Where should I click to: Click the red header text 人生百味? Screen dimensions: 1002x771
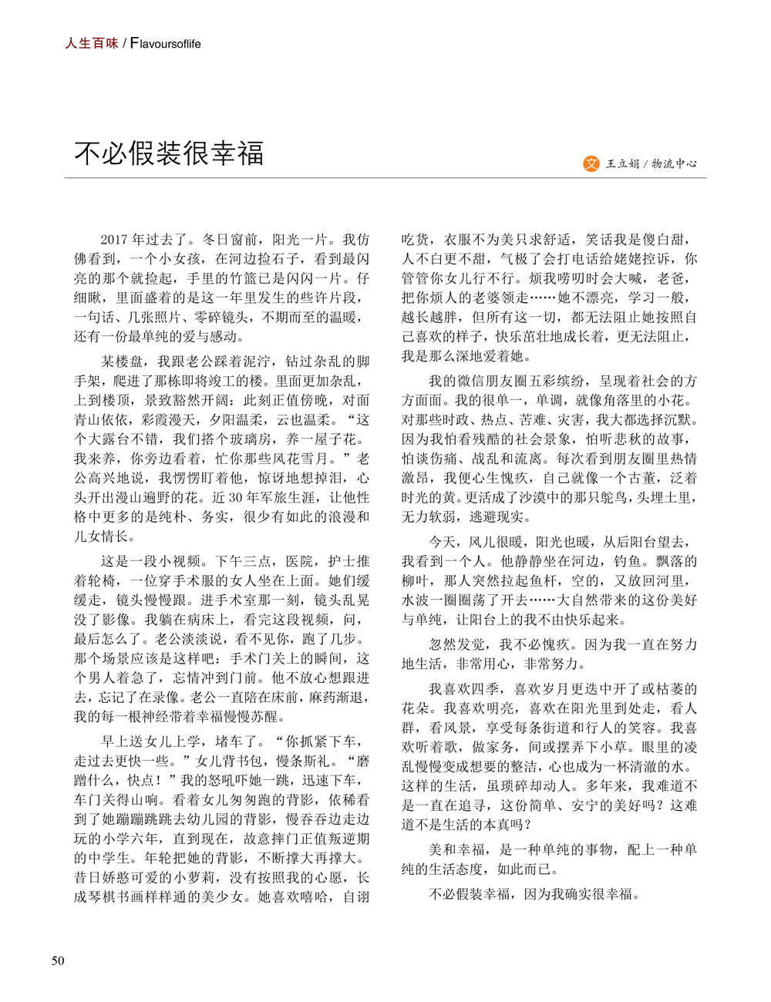point(91,44)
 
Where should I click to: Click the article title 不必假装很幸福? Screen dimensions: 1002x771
point(169,153)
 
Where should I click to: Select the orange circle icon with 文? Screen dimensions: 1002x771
point(591,163)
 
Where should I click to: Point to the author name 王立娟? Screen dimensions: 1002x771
point(623,163)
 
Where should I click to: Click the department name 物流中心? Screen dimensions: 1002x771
point(675,163)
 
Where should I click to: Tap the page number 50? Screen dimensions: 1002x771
point(58,960)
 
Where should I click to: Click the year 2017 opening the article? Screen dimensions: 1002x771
point(115,240)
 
